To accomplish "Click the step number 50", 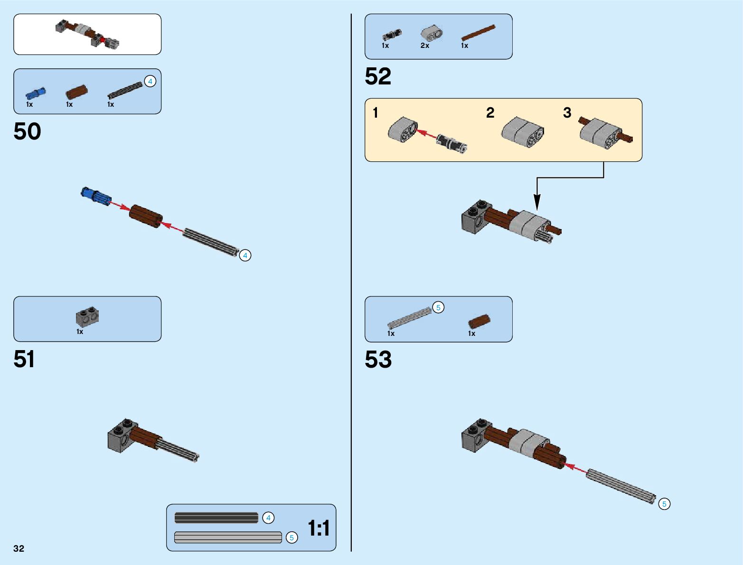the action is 27,131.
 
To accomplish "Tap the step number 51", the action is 24,359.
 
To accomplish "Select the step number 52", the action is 378,76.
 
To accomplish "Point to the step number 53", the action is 378,359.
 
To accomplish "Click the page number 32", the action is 19,548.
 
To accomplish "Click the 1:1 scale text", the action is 319,528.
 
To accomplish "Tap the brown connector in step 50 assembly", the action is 146,216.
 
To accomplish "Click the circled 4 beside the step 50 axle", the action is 245,256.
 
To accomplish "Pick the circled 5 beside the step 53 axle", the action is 664,504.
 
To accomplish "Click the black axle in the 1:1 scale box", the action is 216,518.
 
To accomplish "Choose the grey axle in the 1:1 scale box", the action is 228,537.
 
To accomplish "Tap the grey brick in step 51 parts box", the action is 87,316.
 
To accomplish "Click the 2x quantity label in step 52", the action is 425,46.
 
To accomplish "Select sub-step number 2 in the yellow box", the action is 490,113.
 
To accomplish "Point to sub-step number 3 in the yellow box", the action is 567,113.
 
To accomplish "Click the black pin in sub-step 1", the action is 451,143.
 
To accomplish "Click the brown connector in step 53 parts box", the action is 479,321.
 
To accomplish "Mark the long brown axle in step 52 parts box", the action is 478,33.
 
